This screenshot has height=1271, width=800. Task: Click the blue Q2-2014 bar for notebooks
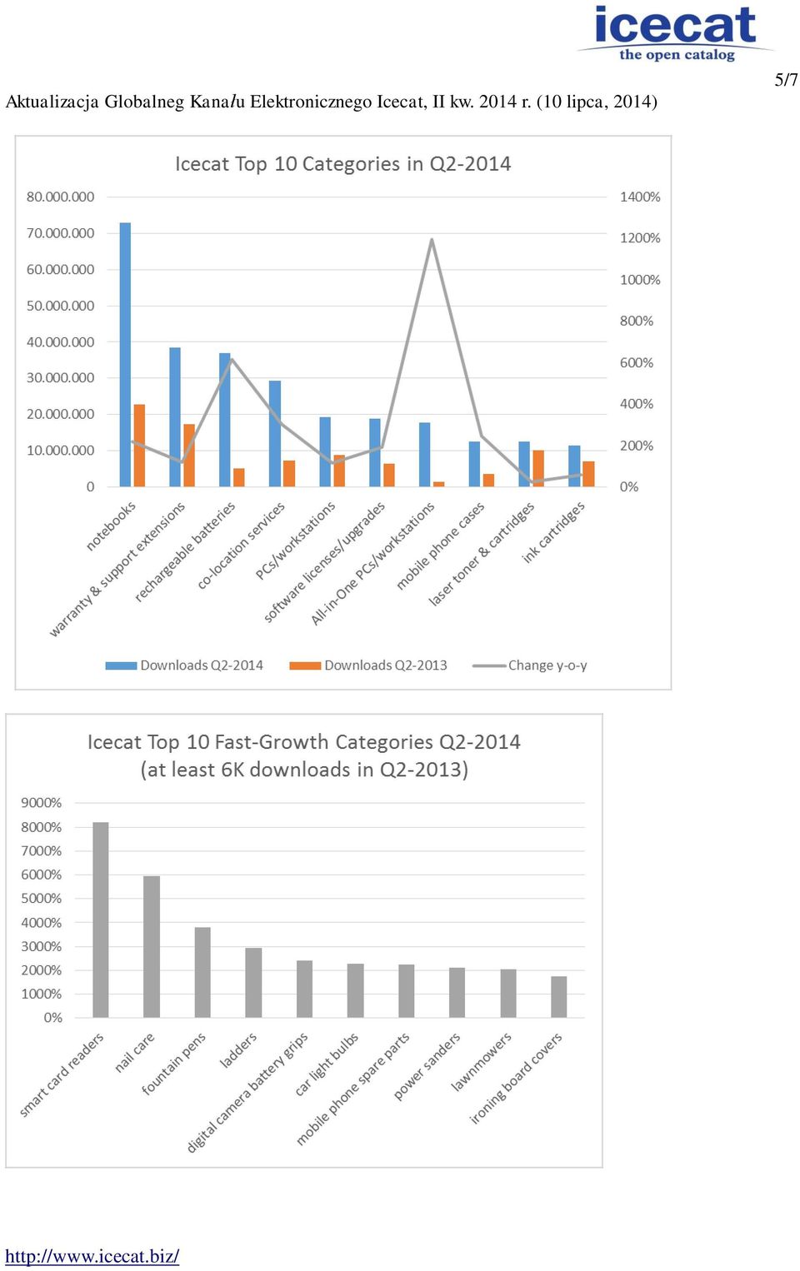click(x=125, y=355)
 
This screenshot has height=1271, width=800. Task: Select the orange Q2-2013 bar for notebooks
click(x=139, y=446)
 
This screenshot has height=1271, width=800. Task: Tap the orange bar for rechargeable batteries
click(x=239, y=477)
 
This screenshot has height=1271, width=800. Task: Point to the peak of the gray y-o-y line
click(x=432, y=239)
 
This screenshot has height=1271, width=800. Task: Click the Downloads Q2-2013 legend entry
click(x=368, y=665)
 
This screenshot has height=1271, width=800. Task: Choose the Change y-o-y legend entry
click(x=530, y=665)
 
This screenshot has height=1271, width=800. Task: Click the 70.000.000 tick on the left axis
click(x=60, y=233)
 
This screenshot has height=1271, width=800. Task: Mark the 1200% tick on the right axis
click(x=640, y=238)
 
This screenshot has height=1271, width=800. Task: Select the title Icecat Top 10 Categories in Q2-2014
click(x=343, y=164)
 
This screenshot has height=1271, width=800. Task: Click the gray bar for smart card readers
click(x=101, y=920)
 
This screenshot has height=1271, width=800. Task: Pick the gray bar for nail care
click(x=152, y=946)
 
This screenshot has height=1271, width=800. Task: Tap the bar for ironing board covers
click(x=558, y=997)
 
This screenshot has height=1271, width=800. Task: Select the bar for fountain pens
click(x=202, y=972)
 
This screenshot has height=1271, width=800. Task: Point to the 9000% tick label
click(x=41, y=803)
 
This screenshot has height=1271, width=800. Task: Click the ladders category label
click(x=238, y=1050)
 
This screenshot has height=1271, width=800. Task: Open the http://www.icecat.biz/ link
click(x=92, y=1256)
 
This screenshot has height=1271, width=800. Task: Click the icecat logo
click(x=676, y=33)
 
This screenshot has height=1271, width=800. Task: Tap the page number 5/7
click(x=787, y=80)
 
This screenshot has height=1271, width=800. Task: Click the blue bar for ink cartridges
click(x=575, y=466)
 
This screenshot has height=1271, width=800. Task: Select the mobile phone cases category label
click(x=440, y=546)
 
